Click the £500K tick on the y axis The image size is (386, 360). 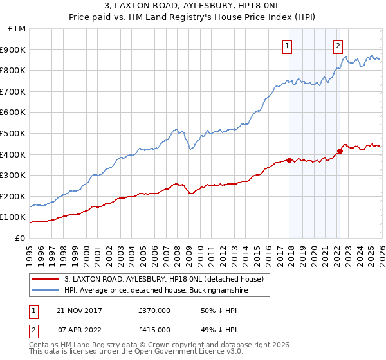[x=14, y=133]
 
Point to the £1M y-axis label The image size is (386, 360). [x=17, y=28]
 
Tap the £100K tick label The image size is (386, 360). [x=14, y=217]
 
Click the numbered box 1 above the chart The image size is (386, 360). [x=287, y=45]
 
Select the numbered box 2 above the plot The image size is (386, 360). [x=338, y=45]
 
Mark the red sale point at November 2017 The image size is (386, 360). [x=289, y=160]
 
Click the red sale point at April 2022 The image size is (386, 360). [x=340, y=151]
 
